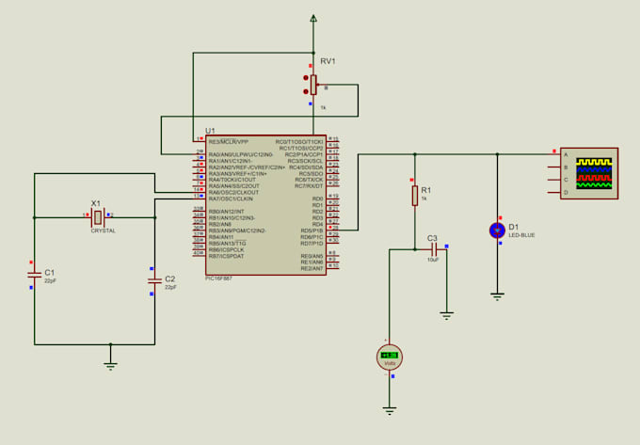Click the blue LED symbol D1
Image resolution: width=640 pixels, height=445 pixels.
(497, 230)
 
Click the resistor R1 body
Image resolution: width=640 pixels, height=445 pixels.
(413, 196)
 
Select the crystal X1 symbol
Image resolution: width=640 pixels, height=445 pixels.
(96, 217)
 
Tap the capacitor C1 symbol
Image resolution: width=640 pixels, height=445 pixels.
(35, 274)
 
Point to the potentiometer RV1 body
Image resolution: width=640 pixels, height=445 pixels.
(313, 86)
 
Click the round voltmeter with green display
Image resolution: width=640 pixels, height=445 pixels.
(390, 357)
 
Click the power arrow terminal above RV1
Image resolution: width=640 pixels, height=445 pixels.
(313, 18)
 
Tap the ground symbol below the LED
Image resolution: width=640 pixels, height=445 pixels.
(497, 295)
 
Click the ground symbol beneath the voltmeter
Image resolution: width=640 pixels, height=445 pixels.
(390, 409)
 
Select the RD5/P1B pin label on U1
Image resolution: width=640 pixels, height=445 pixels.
(311, 230)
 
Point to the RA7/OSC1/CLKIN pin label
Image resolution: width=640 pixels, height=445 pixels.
(231, 199)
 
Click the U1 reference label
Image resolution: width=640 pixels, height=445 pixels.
(210, 130)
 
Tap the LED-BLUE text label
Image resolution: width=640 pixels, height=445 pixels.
(521, 235)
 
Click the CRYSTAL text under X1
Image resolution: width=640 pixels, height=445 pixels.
(103, 230)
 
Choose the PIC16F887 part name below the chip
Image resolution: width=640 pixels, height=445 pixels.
(218, 278)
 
